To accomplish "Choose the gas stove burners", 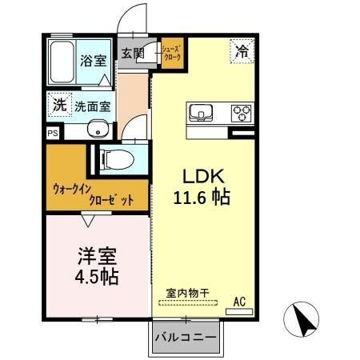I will point(241,113).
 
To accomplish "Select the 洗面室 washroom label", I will point(93,105).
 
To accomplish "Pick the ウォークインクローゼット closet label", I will point(89,194).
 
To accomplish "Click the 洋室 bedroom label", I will point(97,256).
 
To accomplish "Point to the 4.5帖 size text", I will point(97,278).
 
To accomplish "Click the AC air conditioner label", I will point(238,302).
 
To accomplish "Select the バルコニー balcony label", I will point(185,337).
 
